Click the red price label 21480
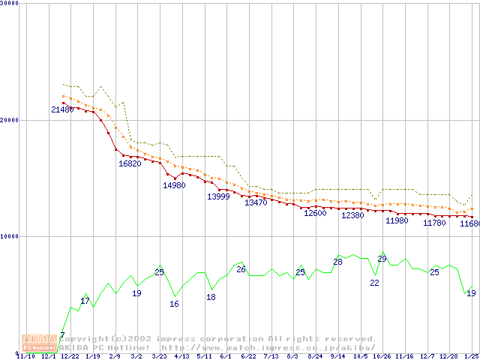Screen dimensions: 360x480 click(62, 110)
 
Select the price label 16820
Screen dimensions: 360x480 click(130, 164)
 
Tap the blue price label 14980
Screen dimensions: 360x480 click(174, 185)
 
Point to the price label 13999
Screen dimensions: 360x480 click(218, 196)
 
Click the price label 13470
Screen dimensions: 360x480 click(256, 203)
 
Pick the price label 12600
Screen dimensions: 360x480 click(315, 214)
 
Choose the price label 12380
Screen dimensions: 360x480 click(352, 216)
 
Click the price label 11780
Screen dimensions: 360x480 click(434, 223)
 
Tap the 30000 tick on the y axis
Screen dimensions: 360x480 click(11, 4)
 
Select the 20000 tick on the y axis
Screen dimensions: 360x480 click(11, 120)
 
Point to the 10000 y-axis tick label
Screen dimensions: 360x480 click(11, 237)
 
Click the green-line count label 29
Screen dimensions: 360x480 click(382, 259)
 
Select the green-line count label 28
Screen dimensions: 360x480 click(337, 262)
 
